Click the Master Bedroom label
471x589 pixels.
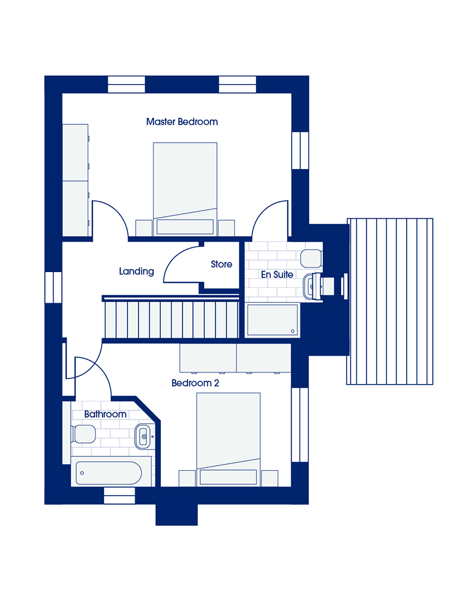click(x=182, y=122)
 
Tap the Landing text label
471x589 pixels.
click(x=136, y=271)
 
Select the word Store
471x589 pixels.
click(x=222, y=264)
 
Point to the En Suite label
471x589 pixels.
click(x=277, y=274)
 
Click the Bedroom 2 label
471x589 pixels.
click(x=195, y=383)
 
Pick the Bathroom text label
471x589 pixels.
click(x=105, y=414)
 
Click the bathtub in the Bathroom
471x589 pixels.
click(x=108, y=473)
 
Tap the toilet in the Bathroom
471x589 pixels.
click(x=83, y=434)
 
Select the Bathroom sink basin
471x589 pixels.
click(x=143, y=436)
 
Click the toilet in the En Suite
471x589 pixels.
click(x=311, y=259)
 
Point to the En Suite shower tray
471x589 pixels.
click(x=273, y=320)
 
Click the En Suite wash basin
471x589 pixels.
click(x=312, y=287)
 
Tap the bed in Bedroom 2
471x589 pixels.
click(x=228, y=440)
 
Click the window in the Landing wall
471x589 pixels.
click(x=53, y=287)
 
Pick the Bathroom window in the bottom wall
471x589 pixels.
click(x=119, y=495)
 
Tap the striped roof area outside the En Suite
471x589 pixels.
click(x=389, y=302)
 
